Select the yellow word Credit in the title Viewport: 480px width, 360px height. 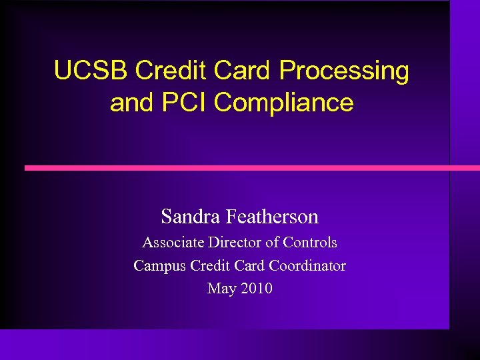[x=171, y=71]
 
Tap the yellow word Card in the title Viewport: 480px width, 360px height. [x=243, y=71]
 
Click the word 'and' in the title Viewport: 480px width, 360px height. [x=130, y=103]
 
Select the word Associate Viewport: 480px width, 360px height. [x=173, y=243]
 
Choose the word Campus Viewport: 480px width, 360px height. [x=159, y=266]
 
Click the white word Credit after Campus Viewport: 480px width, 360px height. [x=210, y=265]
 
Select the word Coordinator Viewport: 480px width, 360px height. [x=307, y=265]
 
